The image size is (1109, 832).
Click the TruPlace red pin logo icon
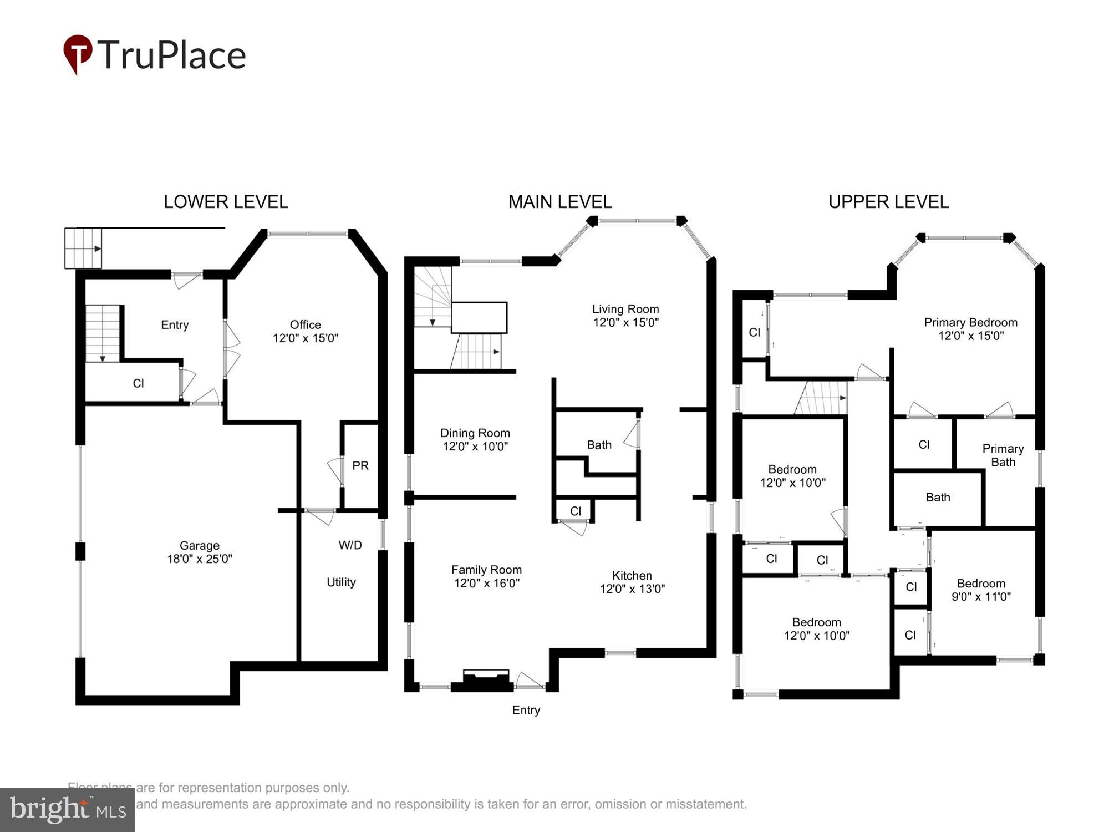click(78, 53)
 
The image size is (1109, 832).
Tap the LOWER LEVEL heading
click(226, 202)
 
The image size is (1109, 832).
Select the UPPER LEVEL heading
click(888, 202)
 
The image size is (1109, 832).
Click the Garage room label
click(200, 552)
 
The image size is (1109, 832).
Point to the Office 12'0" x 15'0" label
click(305, 331)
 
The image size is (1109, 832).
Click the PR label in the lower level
click(360, 465)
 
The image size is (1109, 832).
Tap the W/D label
click(350, 545)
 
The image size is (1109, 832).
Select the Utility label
click(341, 582)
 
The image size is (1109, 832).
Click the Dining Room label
click(475, 439)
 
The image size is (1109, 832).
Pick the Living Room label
click(625, 315)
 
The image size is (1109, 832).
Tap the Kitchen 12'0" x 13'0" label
click(632, 582)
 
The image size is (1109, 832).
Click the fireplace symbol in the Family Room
click(486, 680)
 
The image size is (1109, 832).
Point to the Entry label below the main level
click(526, 710)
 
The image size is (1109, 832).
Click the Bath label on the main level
click(599, 445)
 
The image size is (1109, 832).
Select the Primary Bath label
click(1003, 455)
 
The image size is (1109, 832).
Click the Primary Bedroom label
click(970, 328)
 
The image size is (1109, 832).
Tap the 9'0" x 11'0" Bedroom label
click(981, 590)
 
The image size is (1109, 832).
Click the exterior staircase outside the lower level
click(83, 248)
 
